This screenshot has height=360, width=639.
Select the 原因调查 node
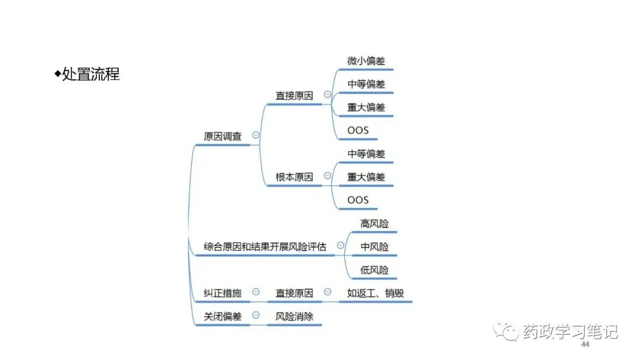click(222, 136)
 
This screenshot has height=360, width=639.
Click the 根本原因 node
click(294, 177)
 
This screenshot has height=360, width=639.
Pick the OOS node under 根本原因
click(358, 200)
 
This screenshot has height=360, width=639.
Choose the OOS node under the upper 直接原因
click(358, 130)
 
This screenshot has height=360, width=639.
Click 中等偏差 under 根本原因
click(366, 154)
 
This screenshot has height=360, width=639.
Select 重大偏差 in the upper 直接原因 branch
click(366, 107)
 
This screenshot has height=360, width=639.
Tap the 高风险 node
click(375, 223)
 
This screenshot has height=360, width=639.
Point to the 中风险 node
click(375, 247)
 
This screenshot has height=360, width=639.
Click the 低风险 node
click(375, 270)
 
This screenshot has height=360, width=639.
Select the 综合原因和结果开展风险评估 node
click(265, 247)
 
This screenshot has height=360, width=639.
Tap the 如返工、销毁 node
click(375, 293)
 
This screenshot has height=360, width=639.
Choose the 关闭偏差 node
click(222, 317)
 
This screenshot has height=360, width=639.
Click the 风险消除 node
click(294, 317)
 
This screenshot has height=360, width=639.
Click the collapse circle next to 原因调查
click(256, 136)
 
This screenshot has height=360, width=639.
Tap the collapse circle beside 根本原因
click(327, 176)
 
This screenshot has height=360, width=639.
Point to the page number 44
click(586, 345)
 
